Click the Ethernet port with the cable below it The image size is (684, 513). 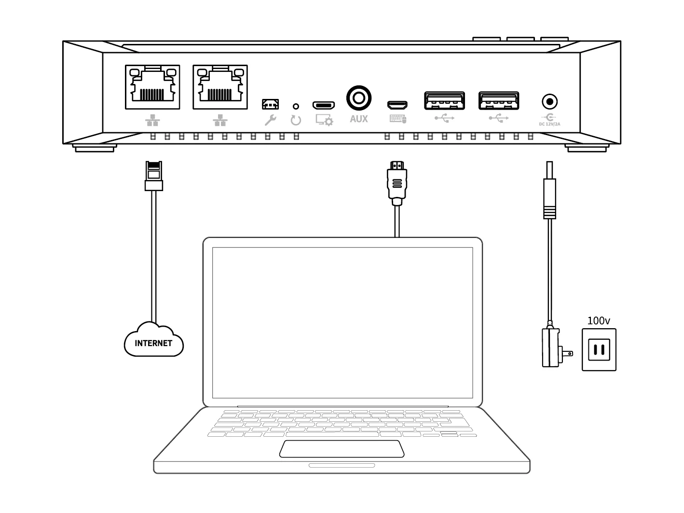pyautogui.click(x=152, y=87)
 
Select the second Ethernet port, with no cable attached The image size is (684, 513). pyautogui.click(x=220, y=87)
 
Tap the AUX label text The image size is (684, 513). pyautogui.click(x=358, y=119)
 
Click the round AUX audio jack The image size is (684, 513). pyautogui.click(x=358, y=98)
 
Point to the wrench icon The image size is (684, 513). pyautogui.click(x=270, y=120)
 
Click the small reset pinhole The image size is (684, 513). pyautogui.click(x=296, y=106)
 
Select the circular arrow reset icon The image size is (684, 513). pyautogui.click(x=296, y=120)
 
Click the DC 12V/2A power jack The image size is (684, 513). pyautogui.click(x=549, y=102)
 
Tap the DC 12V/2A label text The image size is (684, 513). pyautogui.click(x=549, y=124)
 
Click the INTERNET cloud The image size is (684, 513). pyautogui.click(x=154, y=343)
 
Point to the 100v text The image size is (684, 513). pyautogui.click(x=599, y=320)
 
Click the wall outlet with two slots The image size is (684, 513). pyautogui.click(x=599, y=349)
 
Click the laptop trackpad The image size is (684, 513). pyautogui.click(x=342, y=448)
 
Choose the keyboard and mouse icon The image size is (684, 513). pyautogui.click(x=397, y=119)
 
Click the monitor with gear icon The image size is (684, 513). pyautogui.click(x=324, y=120)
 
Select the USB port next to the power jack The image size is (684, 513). pyautogui.click(x=499, y=100)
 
